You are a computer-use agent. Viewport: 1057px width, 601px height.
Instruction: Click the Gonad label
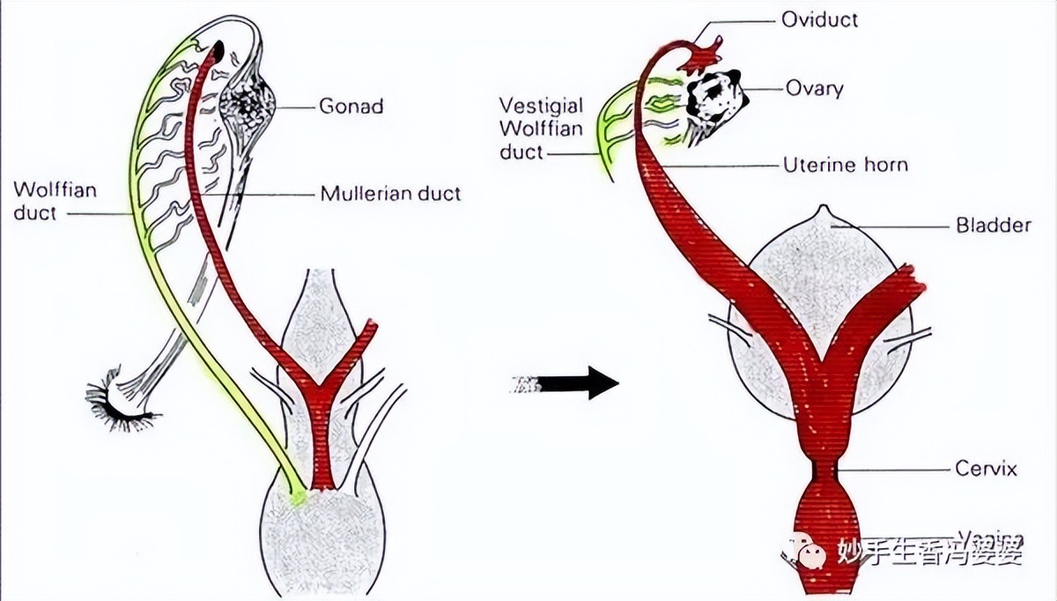(351, 107)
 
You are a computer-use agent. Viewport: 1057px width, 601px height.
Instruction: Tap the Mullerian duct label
(390, 193)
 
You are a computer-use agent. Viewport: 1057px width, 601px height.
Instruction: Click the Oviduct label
(819, 19)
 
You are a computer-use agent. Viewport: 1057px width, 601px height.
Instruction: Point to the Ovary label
(814, 88)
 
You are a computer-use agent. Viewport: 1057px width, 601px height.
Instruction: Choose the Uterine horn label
(845, 164)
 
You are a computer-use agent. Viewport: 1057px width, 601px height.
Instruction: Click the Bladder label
(993, 226)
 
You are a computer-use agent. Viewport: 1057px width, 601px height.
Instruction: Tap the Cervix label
(986, 469)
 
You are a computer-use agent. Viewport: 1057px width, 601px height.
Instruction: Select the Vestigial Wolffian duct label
(542, 129)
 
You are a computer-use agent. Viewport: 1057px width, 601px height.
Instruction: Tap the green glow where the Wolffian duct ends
(299, 499)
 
